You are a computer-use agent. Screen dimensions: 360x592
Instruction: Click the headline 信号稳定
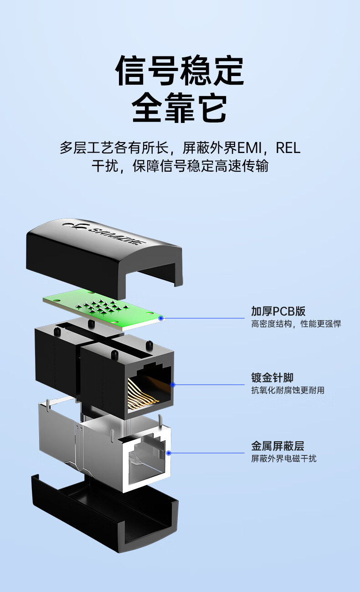click(x=180, y=71)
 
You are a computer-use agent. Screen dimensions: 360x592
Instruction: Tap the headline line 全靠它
click(x=180, y=107)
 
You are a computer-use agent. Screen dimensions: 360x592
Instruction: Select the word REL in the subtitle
click(x=288, y=148)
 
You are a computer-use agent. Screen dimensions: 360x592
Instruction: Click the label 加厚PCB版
click(x=278, y=311)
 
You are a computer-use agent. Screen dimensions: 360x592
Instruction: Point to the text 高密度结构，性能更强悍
click(x=296, y=324)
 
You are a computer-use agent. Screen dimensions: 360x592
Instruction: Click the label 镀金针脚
click(x=272, y=378)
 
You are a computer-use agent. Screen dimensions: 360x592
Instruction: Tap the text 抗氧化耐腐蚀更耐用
click(x=288, y=390)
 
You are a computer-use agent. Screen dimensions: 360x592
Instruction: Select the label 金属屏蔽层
click(x=278, y=446)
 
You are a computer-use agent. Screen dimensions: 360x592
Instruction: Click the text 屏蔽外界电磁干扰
click(x=283, y=459)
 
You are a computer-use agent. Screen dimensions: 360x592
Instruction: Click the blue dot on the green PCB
click(x=160, y=318)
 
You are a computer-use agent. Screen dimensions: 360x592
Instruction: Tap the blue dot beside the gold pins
click(x=173, y=385)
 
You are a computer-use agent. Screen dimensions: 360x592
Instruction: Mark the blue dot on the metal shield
click(x=169, y=453)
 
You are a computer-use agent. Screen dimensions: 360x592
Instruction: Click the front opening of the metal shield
click(x=146, y=461)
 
